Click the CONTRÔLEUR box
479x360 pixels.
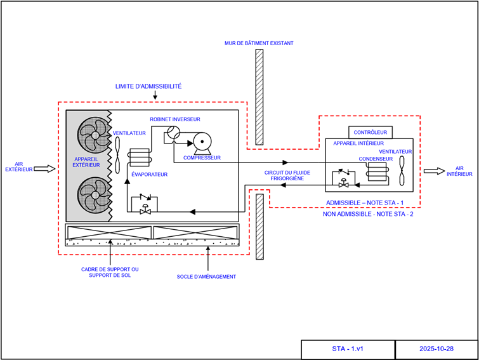click(x=370, y=132)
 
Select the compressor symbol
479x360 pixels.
click(x=203, y=142)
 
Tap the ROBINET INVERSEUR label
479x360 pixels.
click(x=175, y=119)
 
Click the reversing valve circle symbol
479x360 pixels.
click(x=172, y=133)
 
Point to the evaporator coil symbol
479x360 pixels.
click(x=138, y=158)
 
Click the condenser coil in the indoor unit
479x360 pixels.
click(x=376, y=173)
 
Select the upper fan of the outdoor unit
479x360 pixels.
click(x=94, y=137)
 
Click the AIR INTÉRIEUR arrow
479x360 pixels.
click(x=435, y=171)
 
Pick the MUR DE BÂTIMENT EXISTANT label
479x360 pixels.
click(x=259, y=43)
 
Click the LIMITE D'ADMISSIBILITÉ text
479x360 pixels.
click(x=148, y=86)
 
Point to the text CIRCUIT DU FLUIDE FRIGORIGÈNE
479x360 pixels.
click(x=284, y=176)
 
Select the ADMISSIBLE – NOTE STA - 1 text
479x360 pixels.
click(x=365, y=203)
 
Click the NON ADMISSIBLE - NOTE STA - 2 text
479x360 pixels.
click(x=369, y=215)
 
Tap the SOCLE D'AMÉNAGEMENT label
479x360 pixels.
click(x=206, y=277)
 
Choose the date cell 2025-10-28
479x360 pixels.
click(x=436, y=349)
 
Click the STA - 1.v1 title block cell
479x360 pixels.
click(x=347, y=349)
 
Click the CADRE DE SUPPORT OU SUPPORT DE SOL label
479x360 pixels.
click(x=110, y=272)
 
